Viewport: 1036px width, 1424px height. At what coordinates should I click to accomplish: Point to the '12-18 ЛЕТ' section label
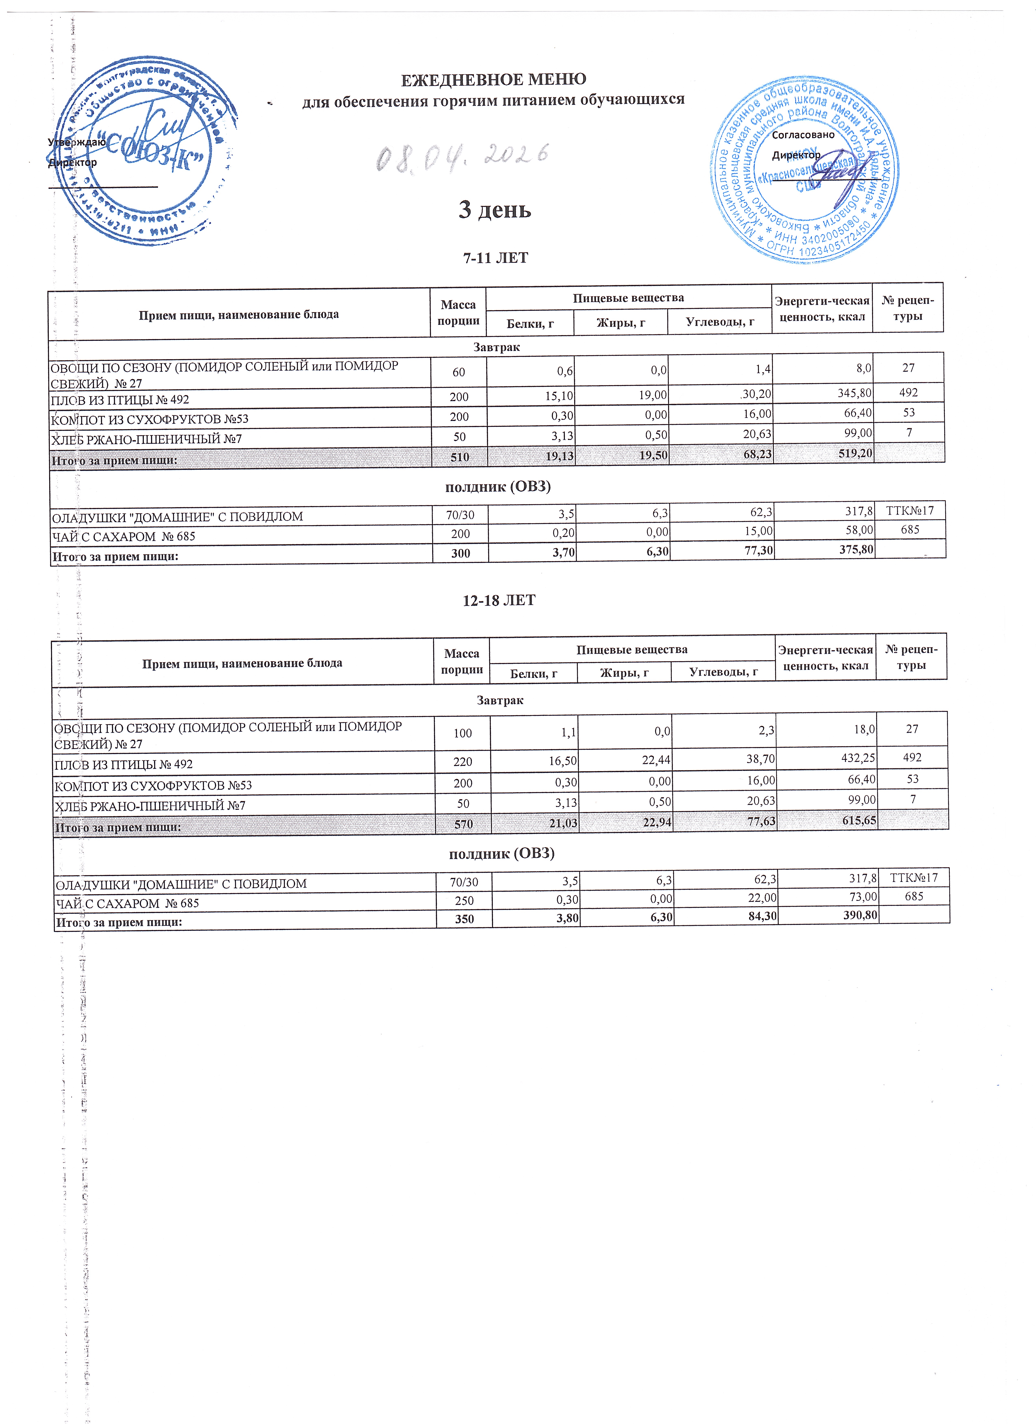click(499, 600)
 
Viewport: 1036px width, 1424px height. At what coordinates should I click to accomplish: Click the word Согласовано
click(803, 134)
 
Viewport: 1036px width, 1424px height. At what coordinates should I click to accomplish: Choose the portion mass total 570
click(463, 824)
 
